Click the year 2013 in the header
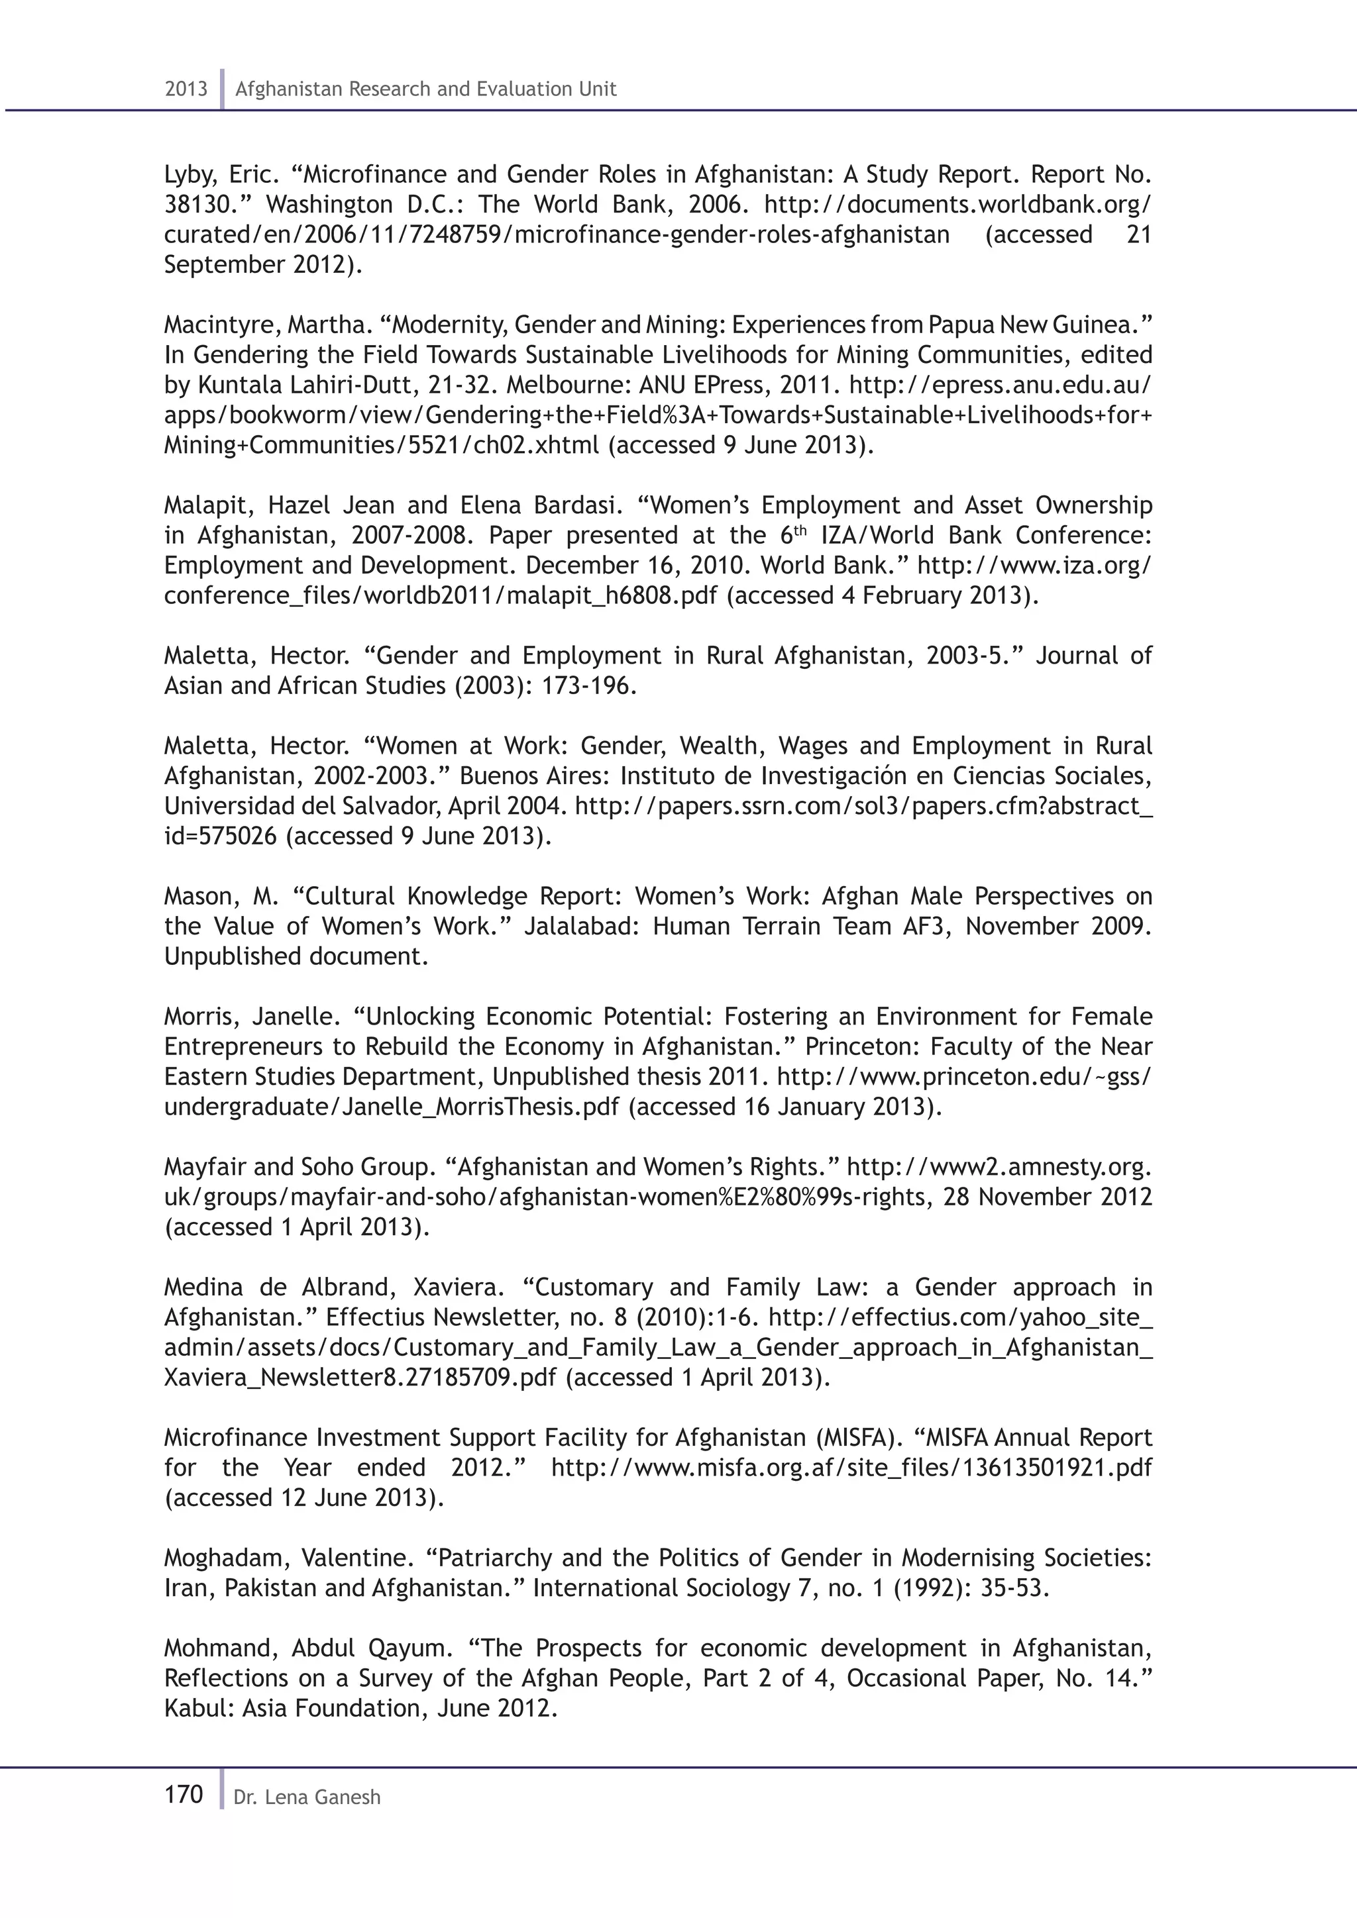pyautogui.click(x=186, y=89)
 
